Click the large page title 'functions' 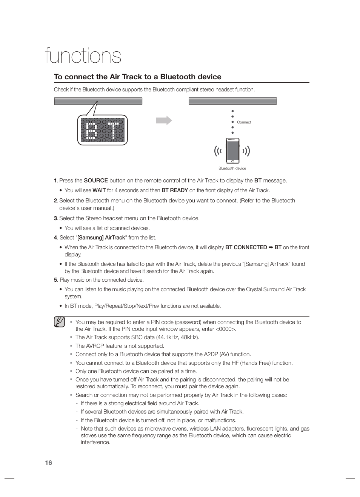83,56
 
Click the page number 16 48,463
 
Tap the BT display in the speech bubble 102,130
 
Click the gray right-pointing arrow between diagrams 164,120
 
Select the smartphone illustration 232,151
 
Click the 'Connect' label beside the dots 244,122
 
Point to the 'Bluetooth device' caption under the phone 232,168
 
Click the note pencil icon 59,322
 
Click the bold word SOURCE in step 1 96,181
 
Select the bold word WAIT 99,190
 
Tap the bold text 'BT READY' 175,190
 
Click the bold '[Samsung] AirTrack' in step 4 101,238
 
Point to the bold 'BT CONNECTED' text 246,247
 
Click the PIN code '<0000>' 225,329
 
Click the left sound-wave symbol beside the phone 218,151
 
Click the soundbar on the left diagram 98,101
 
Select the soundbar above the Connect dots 232,101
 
